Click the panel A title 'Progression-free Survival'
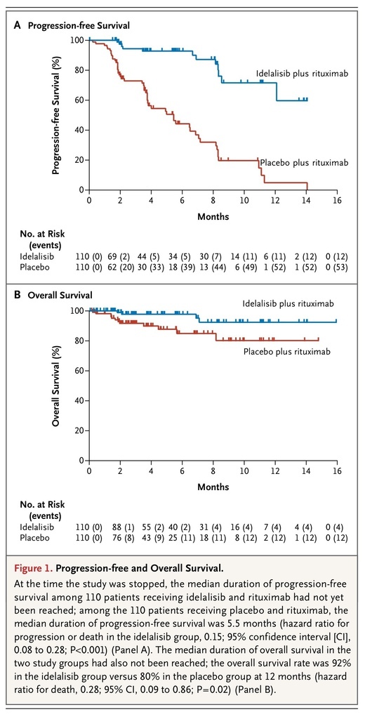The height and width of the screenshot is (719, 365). click(x=79, y=26)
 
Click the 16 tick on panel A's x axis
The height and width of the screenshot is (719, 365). click(x=338, y=201)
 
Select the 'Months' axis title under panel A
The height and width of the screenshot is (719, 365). click(x=213, y=216)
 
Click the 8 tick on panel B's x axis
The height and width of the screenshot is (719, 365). click(x=213, y=471)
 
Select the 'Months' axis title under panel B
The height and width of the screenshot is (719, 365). click(x=213, y=487)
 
